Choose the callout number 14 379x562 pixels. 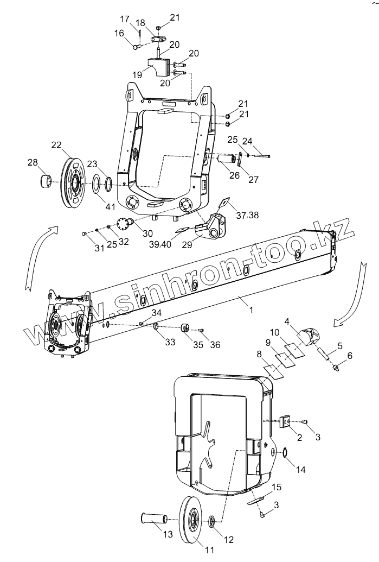(x=301, y=470)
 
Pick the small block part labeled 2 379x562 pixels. (x=286, y=422)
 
